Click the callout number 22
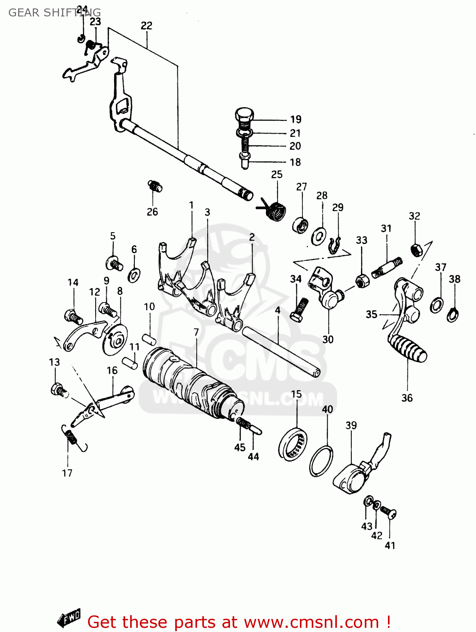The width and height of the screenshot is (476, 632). [x=146, y=26]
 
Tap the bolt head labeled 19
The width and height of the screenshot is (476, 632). [x=244, y=115]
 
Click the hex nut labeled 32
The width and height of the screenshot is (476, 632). [x=416, y=250]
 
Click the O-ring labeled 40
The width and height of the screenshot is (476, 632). [x=321, y=461]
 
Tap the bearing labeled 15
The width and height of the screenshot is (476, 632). [x=293, y=444]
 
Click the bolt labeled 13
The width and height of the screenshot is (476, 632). [x=58, y=390]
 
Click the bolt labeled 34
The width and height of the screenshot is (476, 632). [x=299, y=310]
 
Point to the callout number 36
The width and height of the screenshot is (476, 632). [x=407, y=398]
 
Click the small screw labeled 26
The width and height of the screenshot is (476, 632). [x=155, y=186]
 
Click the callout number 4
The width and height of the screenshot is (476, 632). [x=278, y=310]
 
